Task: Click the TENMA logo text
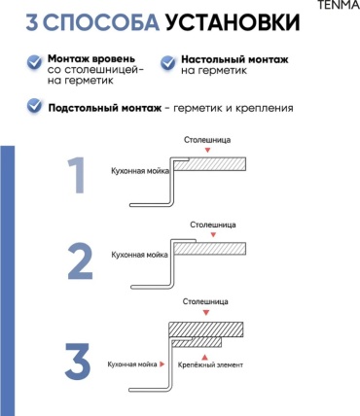coord(339,5)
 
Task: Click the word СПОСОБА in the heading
coord(101,22)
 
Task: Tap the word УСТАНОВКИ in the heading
coord(233,22)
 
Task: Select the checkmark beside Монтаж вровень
coord(34,62)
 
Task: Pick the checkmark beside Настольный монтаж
coord(167,62)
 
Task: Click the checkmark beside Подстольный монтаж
coord(34,106)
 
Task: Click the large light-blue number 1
coord(76,175)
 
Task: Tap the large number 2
coord(80,260)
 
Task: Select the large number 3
coord(78,362)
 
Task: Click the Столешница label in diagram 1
coord(207,140)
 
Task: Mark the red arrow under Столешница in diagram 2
coord(213,235)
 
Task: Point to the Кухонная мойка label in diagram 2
coord(140,255)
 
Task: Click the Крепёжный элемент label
coord(210,364)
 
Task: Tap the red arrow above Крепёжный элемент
coord(204,358)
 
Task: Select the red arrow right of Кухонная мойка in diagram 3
coord(162,364)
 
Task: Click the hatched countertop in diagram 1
coord(209,164)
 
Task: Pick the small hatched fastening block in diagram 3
coord(197,342)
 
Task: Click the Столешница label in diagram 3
coord(205,301)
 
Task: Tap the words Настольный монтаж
coord(234,59)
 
